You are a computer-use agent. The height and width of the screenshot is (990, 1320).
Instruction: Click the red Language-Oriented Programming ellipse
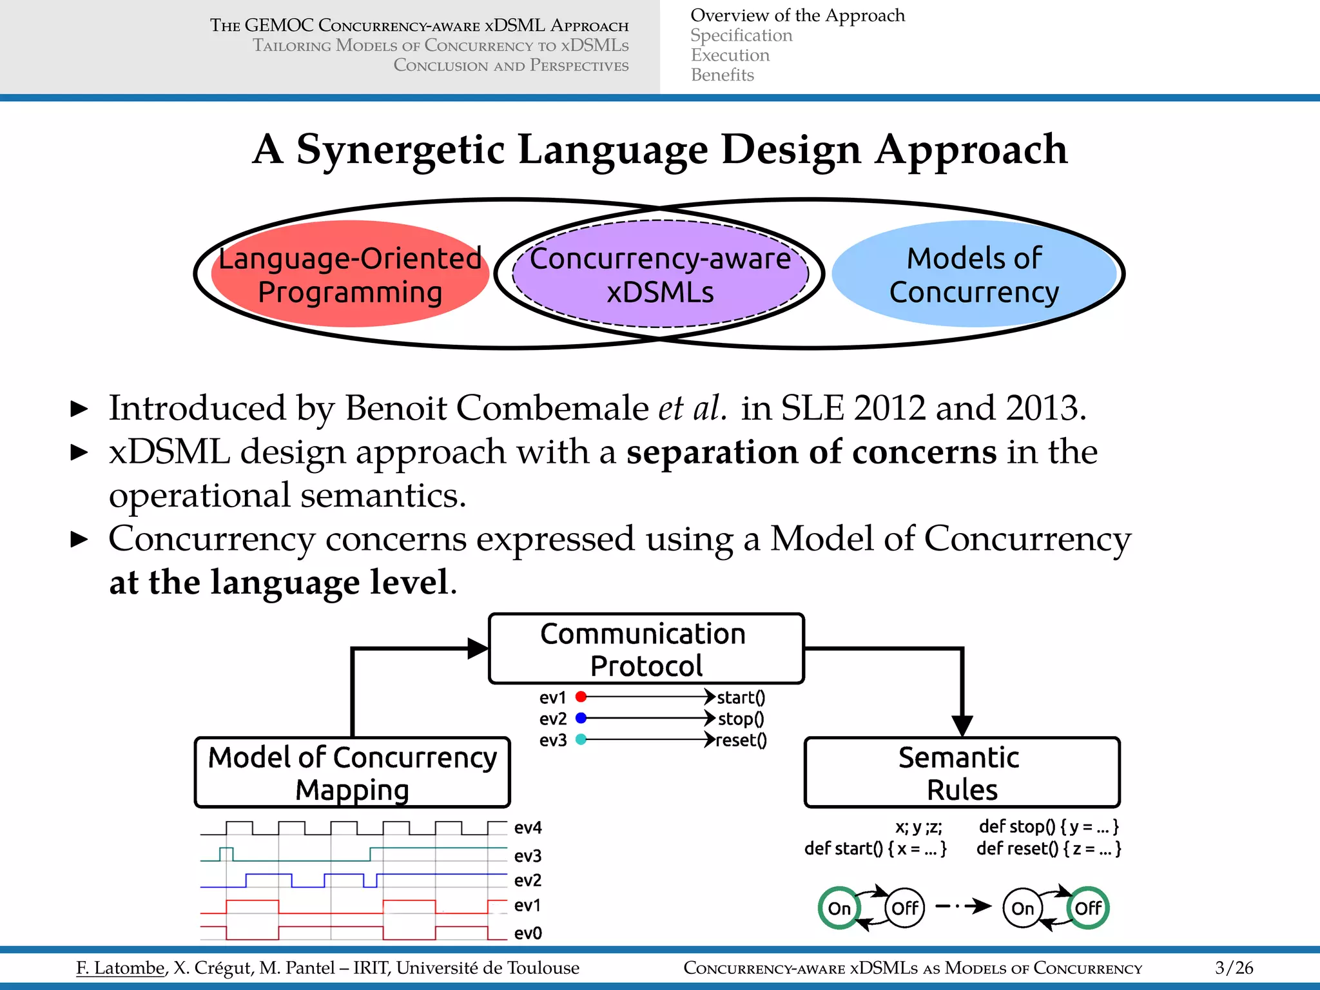[x=349, y=275]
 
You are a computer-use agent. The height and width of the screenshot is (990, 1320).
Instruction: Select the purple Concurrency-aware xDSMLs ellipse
[x=660, y=275]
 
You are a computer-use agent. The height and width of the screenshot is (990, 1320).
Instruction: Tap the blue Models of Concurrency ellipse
[x=974, y=275]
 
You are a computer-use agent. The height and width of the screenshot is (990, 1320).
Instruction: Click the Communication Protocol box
[x=646, y=648]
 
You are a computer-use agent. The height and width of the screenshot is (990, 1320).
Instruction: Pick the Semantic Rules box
[x=962, y=772]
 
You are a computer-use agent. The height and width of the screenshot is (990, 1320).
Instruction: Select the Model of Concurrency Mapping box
[x=352, y=772]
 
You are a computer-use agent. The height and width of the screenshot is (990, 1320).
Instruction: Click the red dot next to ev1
[x=581, y=697]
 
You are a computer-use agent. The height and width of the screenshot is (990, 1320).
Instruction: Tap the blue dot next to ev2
[x=581, y=718]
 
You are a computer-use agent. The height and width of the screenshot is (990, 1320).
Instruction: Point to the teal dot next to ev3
[x=581, y=739]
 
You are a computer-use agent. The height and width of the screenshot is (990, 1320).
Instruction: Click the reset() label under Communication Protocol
[x=741, y=740]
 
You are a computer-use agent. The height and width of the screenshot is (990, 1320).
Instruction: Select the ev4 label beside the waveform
[x=528, y=828]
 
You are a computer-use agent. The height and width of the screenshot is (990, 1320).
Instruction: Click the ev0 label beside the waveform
[x=528, y=933]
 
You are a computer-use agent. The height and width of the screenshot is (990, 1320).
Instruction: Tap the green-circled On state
[x=839, y=908]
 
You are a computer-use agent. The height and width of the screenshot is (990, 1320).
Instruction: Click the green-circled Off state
[x=1088, y=908]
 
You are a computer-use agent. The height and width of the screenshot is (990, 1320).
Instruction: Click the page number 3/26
[x=1234, y=967]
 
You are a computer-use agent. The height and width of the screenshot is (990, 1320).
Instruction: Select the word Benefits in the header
[x=722, y=75]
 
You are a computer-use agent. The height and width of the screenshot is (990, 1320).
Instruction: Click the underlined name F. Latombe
[x=121, y=967]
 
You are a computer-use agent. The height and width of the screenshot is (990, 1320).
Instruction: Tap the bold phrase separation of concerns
[x=811, y=452]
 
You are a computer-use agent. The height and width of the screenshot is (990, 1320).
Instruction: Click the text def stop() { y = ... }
[x=1049, y=827]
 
